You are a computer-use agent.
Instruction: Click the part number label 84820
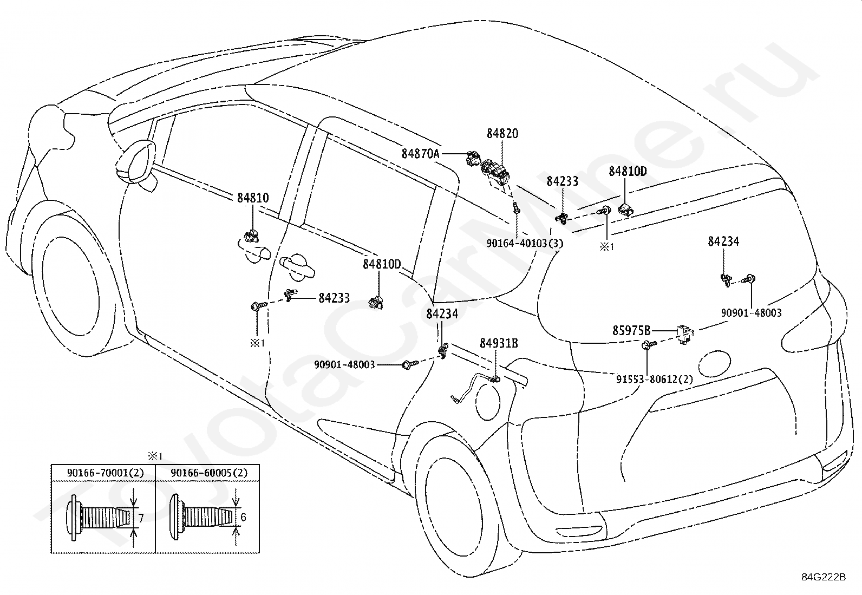click(502, 134)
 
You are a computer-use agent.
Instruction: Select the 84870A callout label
click(420, 154)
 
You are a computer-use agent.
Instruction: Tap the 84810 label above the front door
click(253, 198)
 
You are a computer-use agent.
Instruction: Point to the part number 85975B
click(631, 330)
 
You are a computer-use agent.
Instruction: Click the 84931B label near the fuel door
click(499, 343)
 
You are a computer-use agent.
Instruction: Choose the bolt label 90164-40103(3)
click(525, 243)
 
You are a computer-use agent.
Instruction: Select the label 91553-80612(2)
click(655, 379)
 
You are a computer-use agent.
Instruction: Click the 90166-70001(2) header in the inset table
click(105, 473)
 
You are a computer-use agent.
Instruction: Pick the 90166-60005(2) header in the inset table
click(209, 473)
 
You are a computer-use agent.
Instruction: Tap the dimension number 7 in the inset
click(141, 519)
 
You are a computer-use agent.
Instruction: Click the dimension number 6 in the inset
click(243, 517)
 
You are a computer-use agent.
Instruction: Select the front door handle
click(297, 266)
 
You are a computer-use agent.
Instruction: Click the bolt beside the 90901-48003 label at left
click(409, 364)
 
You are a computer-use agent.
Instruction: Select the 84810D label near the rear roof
click(628, 171)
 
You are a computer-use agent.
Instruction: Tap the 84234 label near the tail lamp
click(723, 241)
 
